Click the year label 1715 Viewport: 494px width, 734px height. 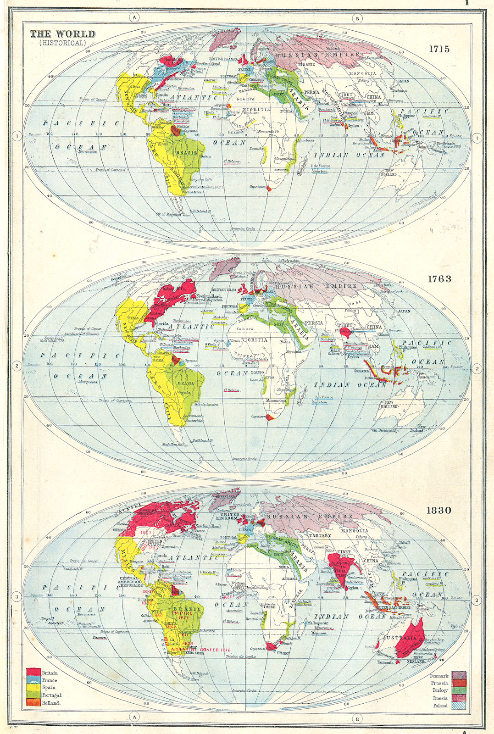[x=439, y=49]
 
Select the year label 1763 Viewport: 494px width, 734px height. [x=439, y=279]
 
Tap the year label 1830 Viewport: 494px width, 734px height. [x=439, y=510]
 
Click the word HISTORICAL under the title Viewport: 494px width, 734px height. [x=62, y=43]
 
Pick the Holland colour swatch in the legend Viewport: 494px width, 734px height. [x=33, y=702]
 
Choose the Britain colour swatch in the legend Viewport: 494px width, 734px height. [x=33, y=673]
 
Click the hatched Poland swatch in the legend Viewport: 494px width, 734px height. [x=459, y=706]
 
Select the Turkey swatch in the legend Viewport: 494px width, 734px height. [x=459, y=690]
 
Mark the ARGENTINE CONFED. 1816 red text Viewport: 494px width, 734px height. [x=200, y=650]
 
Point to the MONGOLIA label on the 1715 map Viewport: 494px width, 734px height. [x=363, y=73]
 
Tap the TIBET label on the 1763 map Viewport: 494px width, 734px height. [x=345, y=325]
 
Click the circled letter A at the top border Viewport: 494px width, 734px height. [x=134, y=18]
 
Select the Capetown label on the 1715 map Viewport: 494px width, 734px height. [x=257, y=187]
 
